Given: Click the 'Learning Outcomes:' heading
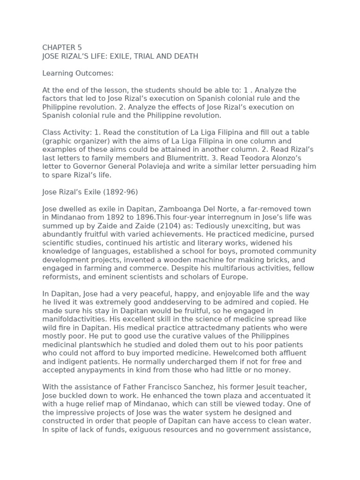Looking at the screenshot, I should pyautogui.click(x=78, y=73).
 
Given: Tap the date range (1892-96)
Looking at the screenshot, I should pyautogui.click(x=112, y=191).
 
